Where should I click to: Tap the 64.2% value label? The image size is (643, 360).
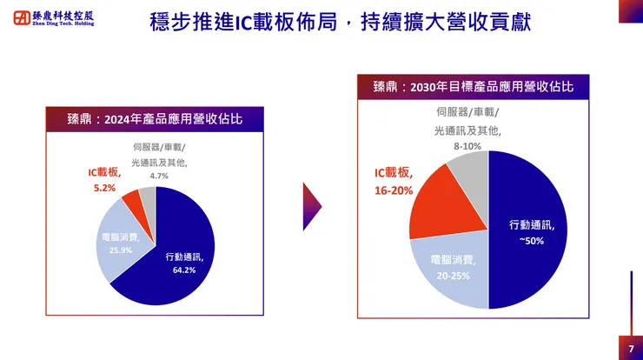pos(184,270)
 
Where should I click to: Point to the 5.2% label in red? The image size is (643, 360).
pos(103,187)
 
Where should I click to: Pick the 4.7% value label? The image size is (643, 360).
pos(159,177)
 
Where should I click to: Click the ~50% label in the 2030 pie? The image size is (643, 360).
pos(532,240)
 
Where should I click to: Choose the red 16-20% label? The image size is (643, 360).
pos(394,190)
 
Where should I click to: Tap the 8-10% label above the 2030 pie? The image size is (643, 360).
pos(467,146)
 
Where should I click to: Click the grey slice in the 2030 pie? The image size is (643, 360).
pos(469,174)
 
